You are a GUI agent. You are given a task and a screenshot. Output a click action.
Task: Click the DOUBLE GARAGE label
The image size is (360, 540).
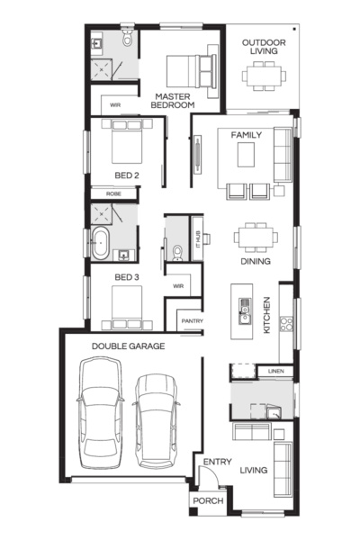pos(128,345)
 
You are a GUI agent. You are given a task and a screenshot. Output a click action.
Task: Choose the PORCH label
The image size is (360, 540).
pos(202,500)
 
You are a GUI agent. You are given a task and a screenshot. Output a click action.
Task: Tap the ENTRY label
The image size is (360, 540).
pos(217,462)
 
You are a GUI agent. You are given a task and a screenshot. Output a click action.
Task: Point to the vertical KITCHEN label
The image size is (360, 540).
pos(266,317)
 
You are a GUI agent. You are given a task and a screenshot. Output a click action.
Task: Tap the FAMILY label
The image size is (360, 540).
pos(247,134)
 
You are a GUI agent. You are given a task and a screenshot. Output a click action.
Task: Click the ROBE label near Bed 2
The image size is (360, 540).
pos(112,193)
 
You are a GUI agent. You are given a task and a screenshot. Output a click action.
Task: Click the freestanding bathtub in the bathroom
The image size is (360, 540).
pos(101,243)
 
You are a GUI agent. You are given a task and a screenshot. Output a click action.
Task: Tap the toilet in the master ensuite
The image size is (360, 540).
pos(127,39)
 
